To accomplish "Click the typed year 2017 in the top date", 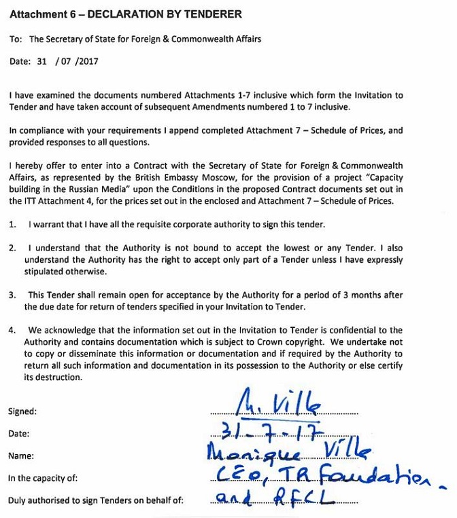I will pyautogui.click(x=88, y=60).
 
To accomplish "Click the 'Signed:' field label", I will pyautogui.click(x=22, y=411).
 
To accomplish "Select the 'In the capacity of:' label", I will pyautogui.click(x=44, y=479).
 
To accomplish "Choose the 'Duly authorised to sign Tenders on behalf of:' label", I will pyautogui.click(x=95, y=502).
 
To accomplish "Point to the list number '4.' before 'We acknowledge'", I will pyautogui.click(x=12, y=331).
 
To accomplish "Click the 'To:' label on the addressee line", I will pyautogui.click(x=16, y=39).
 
